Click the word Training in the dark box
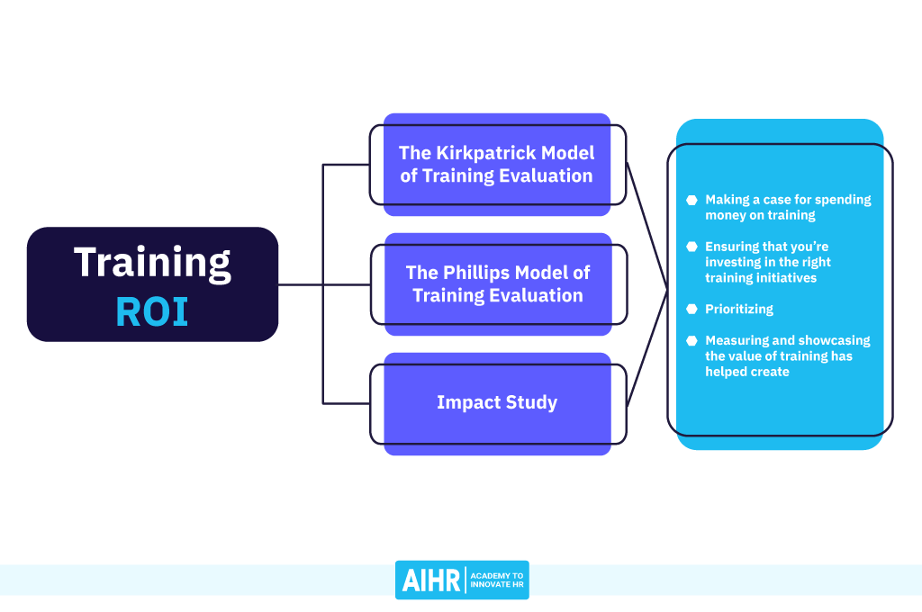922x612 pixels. coord(152,262)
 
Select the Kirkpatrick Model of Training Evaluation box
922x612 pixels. coord(497,165)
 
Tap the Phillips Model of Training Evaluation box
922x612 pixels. coord(497,283)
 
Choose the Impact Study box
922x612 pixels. coord(497,403)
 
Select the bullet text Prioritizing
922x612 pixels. coord(739,309)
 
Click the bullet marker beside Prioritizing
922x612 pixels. coord(691,309)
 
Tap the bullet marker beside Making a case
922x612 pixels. coord(691,200)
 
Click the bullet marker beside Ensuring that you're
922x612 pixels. coord(691,247)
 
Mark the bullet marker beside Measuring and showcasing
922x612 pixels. coord(691,341)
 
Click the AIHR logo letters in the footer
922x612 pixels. coord(430,580)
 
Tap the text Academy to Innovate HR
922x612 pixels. coord(497,580)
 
